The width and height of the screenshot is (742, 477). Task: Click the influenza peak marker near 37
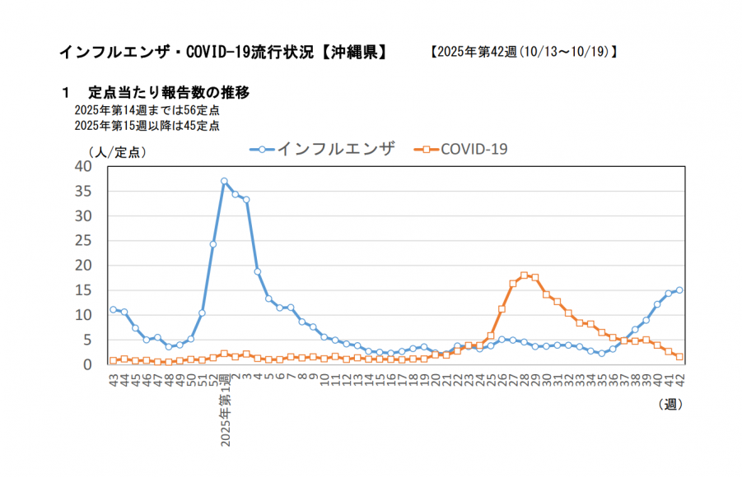(224, 181)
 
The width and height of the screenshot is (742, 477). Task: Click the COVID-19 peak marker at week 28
(524, 276)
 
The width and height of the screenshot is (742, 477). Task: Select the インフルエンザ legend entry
(323, 149)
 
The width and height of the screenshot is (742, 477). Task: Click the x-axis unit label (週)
(670, 404)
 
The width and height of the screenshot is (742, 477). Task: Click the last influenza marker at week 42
(679, 289)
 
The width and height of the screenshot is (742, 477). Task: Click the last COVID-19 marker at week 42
(679, 357)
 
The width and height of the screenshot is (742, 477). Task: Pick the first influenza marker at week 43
(113, 309)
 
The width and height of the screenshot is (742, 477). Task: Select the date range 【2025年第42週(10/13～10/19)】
(524, 52)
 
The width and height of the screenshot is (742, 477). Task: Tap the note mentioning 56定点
(147, 110)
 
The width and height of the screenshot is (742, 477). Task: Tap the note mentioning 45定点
(147, 126)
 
